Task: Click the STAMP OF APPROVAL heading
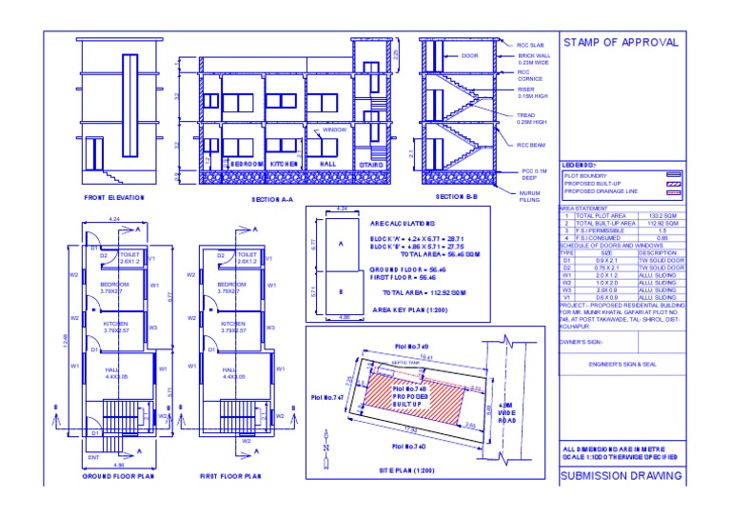[x=621, y=43]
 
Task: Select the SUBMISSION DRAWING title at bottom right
[x=620, y=475]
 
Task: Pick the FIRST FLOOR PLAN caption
[x=229, y=474]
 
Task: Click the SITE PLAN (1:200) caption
[x=405, y=471]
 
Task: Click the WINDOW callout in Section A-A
[x=335, y=129]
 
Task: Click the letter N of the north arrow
[x=325, y=446]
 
